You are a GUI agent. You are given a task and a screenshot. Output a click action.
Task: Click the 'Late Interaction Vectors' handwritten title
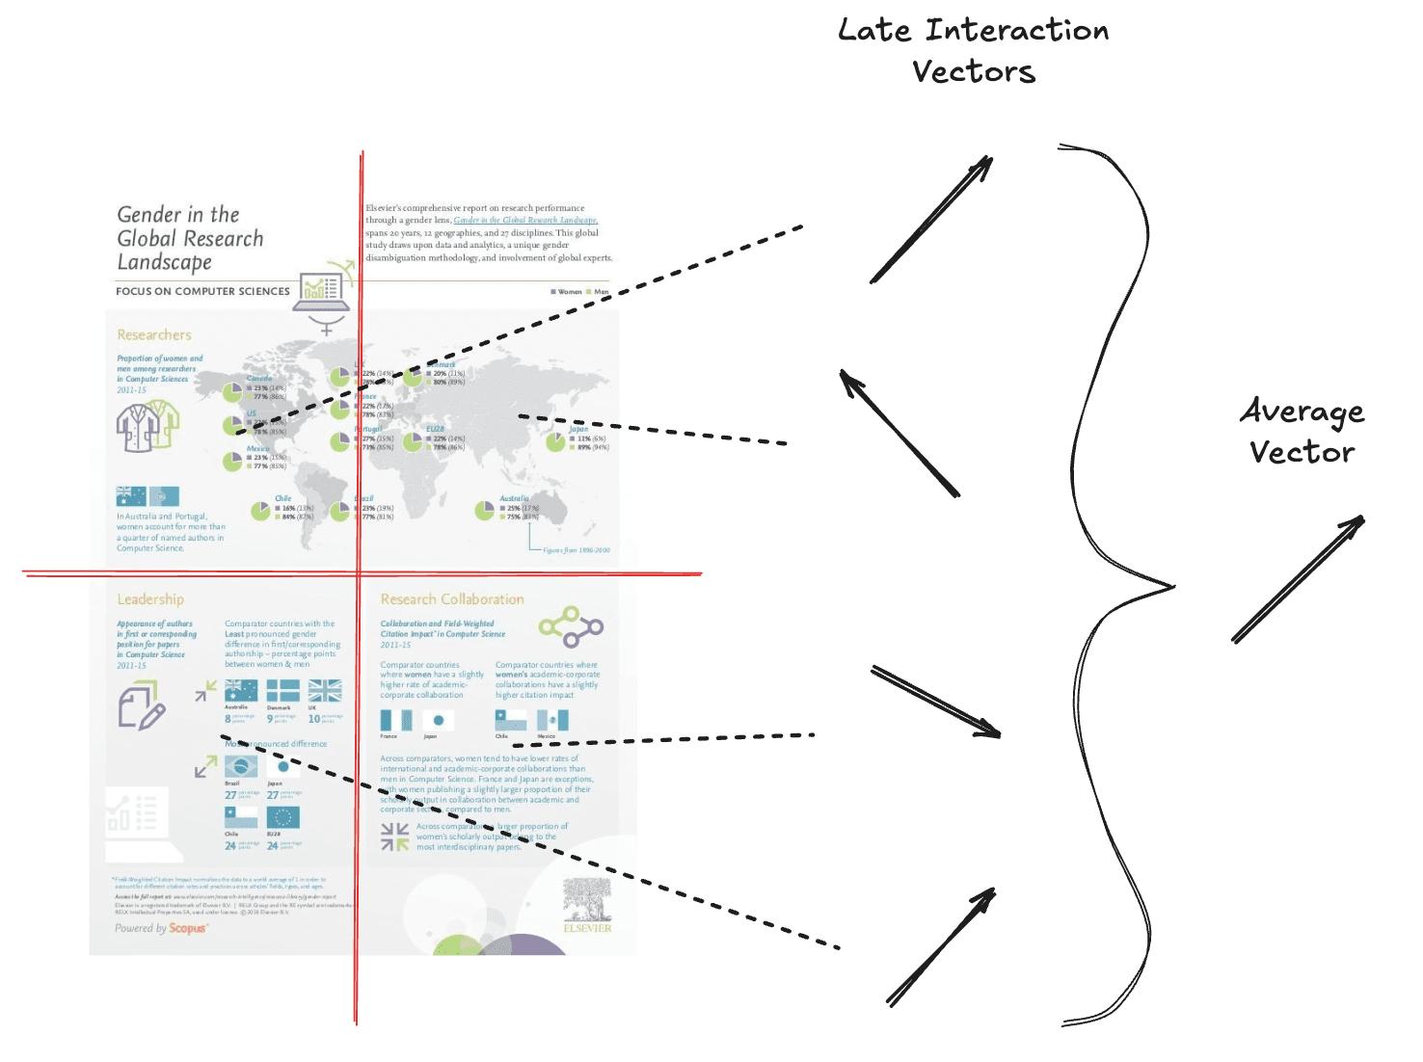tap(974, 51)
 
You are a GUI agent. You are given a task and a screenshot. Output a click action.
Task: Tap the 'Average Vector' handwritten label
tap(1302, 431)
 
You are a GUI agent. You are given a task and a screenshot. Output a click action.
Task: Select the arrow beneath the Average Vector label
tap(1298, 579)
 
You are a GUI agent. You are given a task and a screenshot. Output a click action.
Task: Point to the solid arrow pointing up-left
tap(899, 433)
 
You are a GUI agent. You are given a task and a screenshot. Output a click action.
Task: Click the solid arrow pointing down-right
tap(936, 701)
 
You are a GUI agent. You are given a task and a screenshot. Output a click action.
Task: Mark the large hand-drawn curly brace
tap(1118, 584)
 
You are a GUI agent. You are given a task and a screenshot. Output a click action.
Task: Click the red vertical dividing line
tap(359, 675)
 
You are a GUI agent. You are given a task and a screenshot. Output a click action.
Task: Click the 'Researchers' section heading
tap(154, 335)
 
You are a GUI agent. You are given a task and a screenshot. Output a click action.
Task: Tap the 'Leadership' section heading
tap(150, 599)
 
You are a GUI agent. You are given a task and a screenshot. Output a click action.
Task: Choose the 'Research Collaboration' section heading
tap(452, 599)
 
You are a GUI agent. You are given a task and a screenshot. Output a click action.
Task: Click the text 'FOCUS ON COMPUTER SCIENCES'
tap(202, 291)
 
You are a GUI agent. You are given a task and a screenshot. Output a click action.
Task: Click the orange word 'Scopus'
tap(187, 929)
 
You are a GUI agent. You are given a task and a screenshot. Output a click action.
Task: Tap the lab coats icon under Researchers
tap(148, 427)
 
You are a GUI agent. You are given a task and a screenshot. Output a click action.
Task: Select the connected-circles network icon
tap(571, 627)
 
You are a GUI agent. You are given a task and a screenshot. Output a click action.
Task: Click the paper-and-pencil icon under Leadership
tap(141, 706)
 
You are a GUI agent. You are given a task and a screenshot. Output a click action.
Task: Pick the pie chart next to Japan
tap(555, 441)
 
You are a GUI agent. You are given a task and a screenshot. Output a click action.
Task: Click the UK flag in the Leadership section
tap(325, 691)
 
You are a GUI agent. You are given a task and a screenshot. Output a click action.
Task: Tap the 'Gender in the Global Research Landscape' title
tap(190, 238)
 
